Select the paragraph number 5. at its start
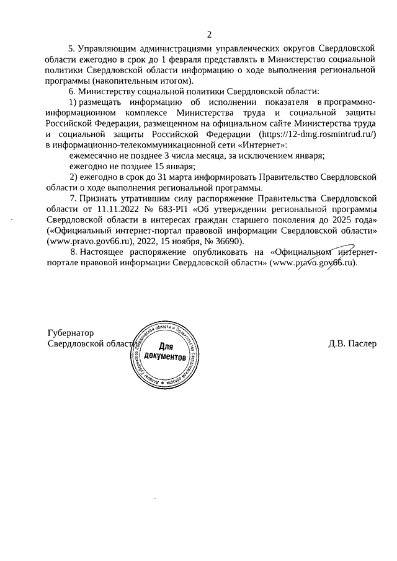pos(71,48)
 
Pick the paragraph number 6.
pos(71,91)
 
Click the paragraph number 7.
pos(73,198)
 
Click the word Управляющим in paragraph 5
pos(107,48)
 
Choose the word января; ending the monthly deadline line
pos(308,156)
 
